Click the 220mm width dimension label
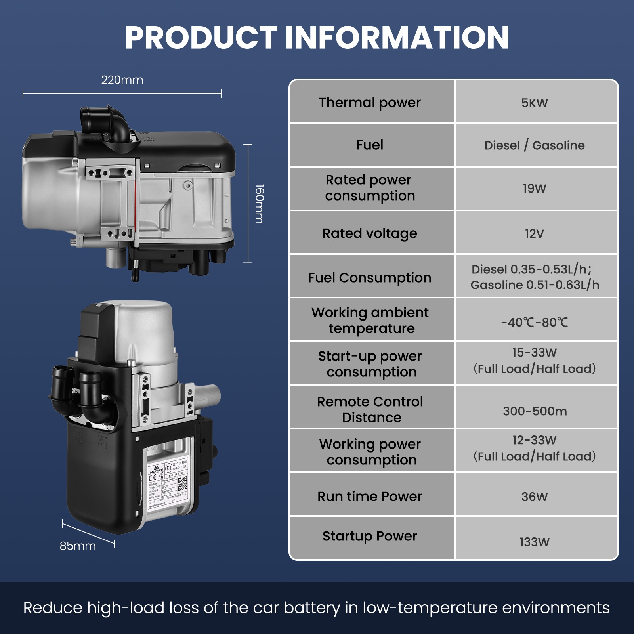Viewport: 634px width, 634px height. point(122,80)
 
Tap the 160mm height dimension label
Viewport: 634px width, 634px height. point(259,204)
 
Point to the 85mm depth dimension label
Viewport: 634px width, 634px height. point(78,546)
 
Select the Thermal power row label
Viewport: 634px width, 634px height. point(370,103)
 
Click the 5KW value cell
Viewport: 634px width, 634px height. point(535,103)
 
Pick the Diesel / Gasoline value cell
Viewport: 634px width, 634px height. point(535,145)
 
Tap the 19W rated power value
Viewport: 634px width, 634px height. point(535,189)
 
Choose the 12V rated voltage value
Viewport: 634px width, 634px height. point(535,234)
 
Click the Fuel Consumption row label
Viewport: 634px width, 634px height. point(370,278)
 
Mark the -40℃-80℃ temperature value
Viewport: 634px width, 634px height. point(535,323)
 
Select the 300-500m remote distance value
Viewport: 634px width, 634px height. point(535,411)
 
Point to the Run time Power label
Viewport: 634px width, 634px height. point(370,497)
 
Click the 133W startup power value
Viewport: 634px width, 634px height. point(535,542)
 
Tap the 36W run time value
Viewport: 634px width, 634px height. point(535,497)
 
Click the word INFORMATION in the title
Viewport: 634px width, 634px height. point(397,38)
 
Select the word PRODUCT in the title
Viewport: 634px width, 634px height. point(201,38)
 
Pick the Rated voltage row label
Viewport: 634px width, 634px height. point(370,233)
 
